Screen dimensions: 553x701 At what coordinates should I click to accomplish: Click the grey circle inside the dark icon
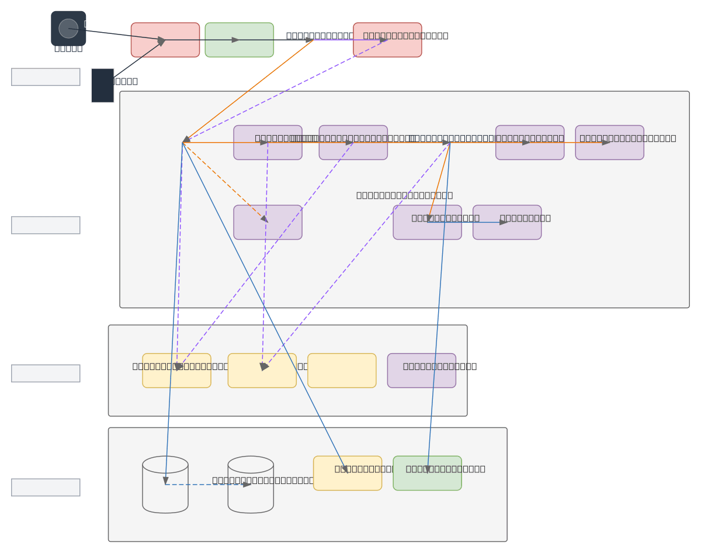point(68,28)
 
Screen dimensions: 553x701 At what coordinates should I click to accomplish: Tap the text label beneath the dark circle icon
point(68,48)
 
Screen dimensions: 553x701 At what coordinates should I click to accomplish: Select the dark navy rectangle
point(102,85)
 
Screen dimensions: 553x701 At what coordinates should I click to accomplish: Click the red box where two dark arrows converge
point(165,40)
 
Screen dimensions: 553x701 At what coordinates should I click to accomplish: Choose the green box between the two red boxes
point(239,40)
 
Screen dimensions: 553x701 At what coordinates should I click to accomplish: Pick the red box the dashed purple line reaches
point(387,40)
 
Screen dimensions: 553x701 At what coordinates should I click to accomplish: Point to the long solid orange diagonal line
point(248,91)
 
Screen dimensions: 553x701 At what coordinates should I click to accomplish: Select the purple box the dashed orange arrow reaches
point(268,222)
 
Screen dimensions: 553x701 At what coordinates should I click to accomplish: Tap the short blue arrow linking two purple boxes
point(467,222)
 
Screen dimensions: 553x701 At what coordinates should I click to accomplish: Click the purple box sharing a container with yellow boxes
point(421,371)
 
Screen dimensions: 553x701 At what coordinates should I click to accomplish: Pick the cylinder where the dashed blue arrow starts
point(165,485)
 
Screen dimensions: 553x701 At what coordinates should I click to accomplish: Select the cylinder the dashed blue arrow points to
point(251,485)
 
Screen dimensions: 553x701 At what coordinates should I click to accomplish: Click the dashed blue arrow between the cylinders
point(207,485)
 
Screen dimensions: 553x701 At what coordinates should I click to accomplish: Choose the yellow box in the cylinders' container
point(348,473)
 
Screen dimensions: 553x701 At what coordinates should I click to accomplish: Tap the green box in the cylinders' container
point(427,473)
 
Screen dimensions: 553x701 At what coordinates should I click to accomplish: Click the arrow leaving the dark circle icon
point(117,34)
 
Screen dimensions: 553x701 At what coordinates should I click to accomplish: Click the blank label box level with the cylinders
point(46,487)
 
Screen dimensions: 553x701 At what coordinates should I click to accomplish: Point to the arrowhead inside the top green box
point(235,40)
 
